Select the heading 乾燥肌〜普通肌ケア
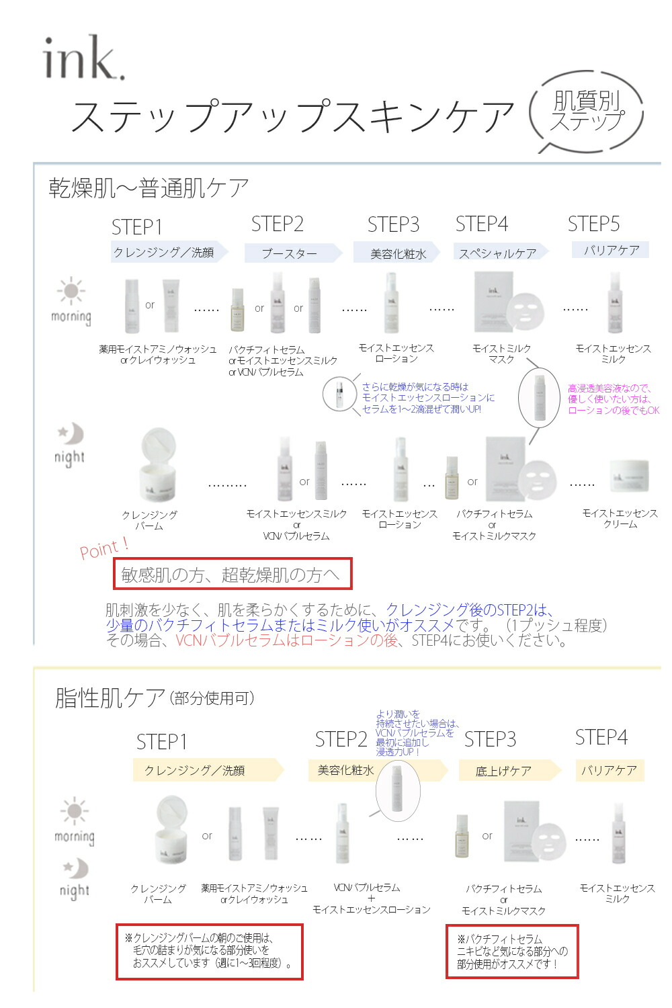(149, 188)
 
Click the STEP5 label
(593, 224)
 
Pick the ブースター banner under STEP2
(290, 253)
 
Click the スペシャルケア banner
(498, 253)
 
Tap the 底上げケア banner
(503, 771)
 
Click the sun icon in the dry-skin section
(71, 292)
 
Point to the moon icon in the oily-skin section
(76, 869)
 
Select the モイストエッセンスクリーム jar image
(628, 476)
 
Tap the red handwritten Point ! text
(104, 548)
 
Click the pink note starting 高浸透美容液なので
(613, 399)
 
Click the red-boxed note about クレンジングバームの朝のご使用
(209, 951)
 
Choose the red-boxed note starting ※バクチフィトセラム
(512, 952)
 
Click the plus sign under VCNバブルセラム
(371, 898)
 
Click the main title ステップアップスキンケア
(292, 116)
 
